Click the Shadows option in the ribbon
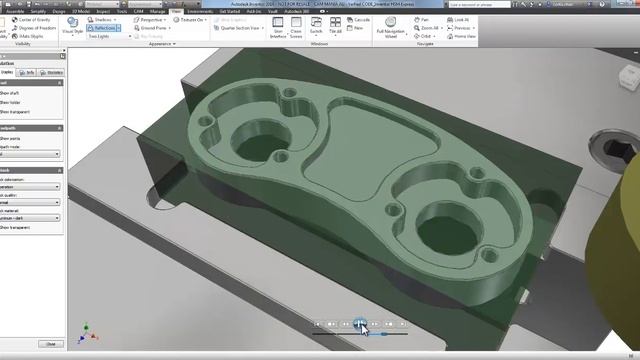coord(101,19)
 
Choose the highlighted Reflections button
coord(104,28)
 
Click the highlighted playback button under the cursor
coord(359,323)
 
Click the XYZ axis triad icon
coord(85,330)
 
